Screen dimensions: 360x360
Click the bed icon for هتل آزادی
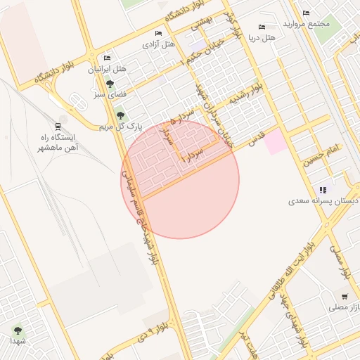pyautogui.click(x=158, y=33)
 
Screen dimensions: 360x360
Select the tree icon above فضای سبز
pyautogui.click(x=109, y=84)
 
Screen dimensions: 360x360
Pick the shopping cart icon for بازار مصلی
pyautogui.click(x=345, y=296)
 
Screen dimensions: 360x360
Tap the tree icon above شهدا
pyautogui.click(x=18, y=329)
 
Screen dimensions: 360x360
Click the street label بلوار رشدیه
pyautogui.click(x=251, y=96)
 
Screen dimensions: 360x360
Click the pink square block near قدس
pyautogui.click(x=275, y=141)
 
